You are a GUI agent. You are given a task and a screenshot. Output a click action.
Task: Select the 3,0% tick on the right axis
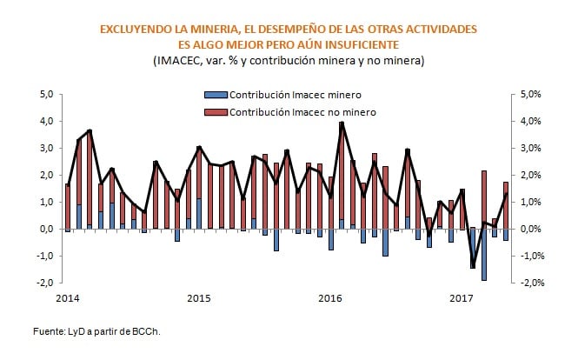click(x=532, y=148)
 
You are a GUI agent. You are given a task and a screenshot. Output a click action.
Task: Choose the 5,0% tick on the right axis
click(x=532, y=94)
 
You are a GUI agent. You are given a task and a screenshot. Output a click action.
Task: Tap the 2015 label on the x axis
click(x=199, y=298)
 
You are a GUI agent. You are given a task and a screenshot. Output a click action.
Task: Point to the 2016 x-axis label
click(x=330, y=298)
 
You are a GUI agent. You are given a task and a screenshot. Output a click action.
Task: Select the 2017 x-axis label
click(x=462, y=298)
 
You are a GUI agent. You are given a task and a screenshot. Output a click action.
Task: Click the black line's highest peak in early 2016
click(x=342, y=123)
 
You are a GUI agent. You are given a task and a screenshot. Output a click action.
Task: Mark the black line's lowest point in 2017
click(x=474, y=267)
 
